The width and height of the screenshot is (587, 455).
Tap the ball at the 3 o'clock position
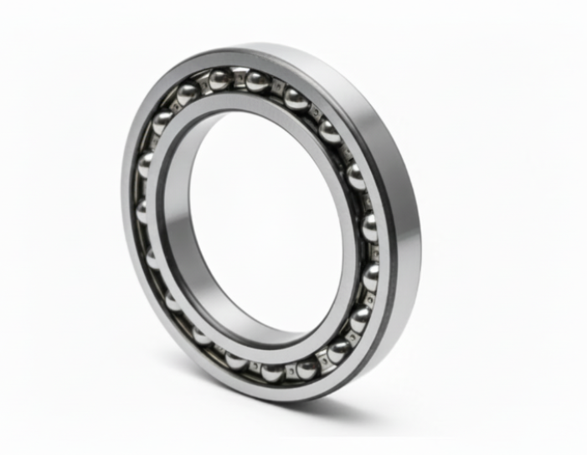tap(369, 226)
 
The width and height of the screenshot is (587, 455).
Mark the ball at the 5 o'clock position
tap(339, 350)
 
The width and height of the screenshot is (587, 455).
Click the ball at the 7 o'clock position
tap(202, 336)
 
